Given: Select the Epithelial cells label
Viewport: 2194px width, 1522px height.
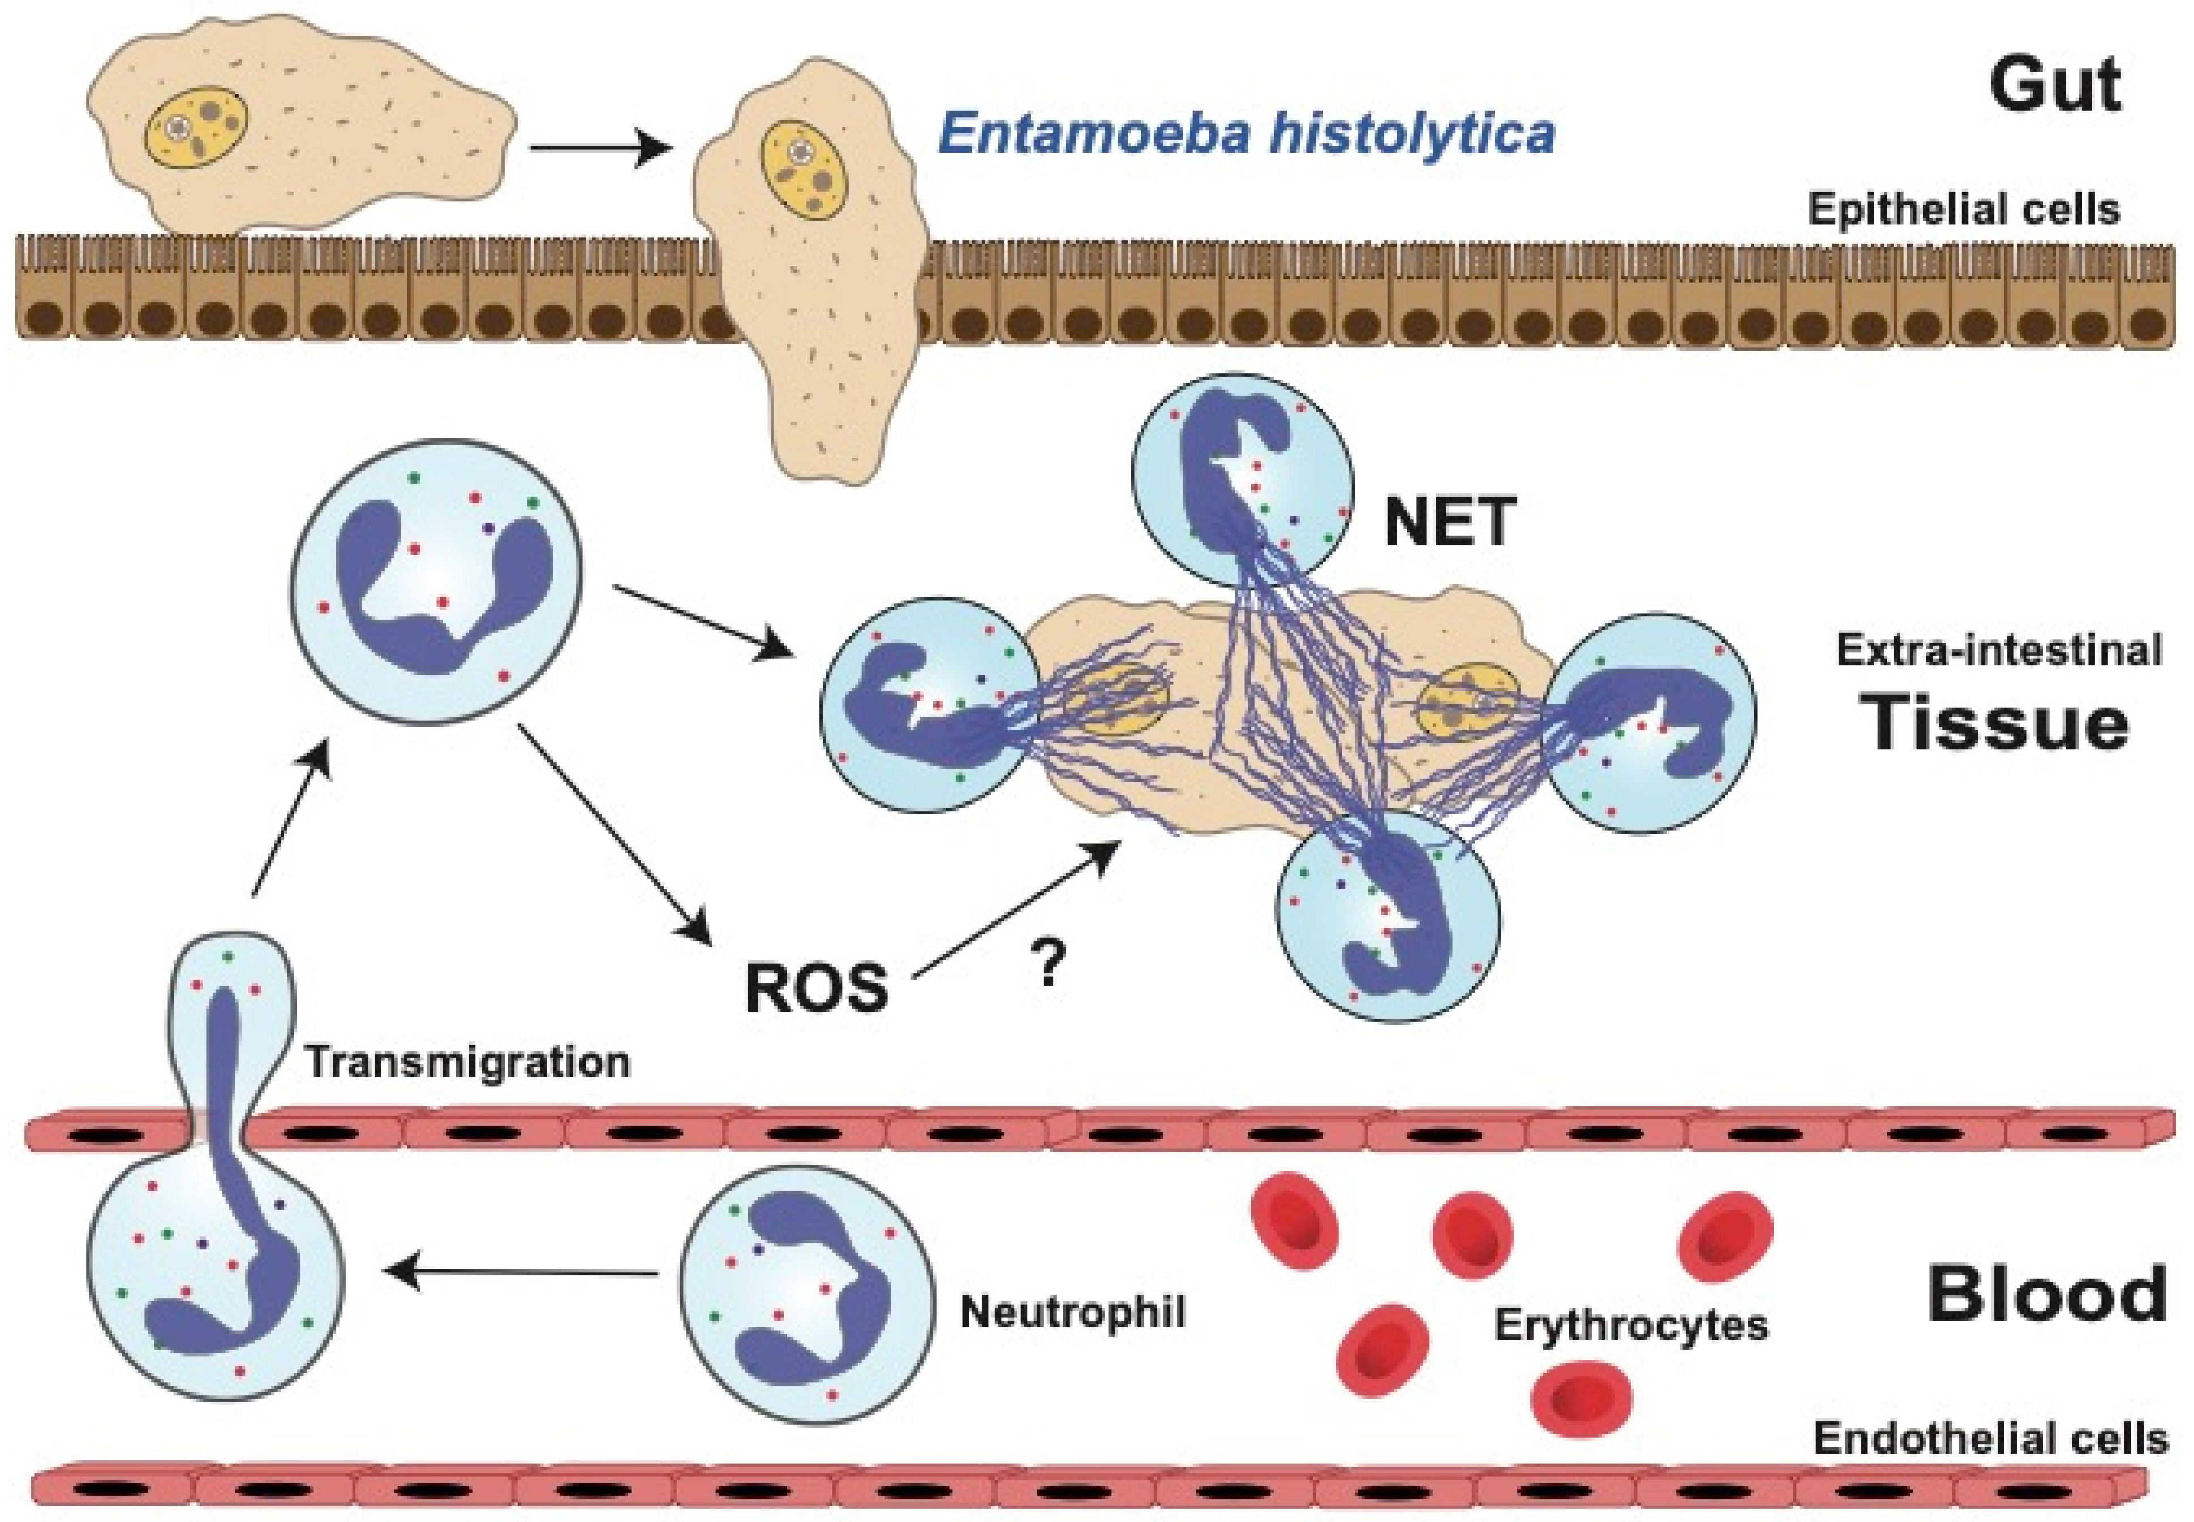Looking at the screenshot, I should tap(1963, 209).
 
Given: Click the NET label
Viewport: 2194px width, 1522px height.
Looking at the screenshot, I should tap(1449, 523).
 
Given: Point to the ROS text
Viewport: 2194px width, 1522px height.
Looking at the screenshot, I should tap(815, 987).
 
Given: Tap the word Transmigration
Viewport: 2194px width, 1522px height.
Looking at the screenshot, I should tap(467, 1062).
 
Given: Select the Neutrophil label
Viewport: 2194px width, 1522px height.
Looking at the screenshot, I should tap(1073, 1312).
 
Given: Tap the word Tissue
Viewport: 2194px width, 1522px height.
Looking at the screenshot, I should tap(1998, 725).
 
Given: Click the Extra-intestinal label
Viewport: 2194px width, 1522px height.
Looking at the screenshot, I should tap(1998, 650).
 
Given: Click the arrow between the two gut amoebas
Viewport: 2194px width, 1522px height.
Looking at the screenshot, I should tap(596, 149).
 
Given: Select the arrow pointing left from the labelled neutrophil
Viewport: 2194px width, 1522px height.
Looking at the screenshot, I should tap(525, 1272).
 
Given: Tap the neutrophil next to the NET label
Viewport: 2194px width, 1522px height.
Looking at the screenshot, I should tap(1242, 472).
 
